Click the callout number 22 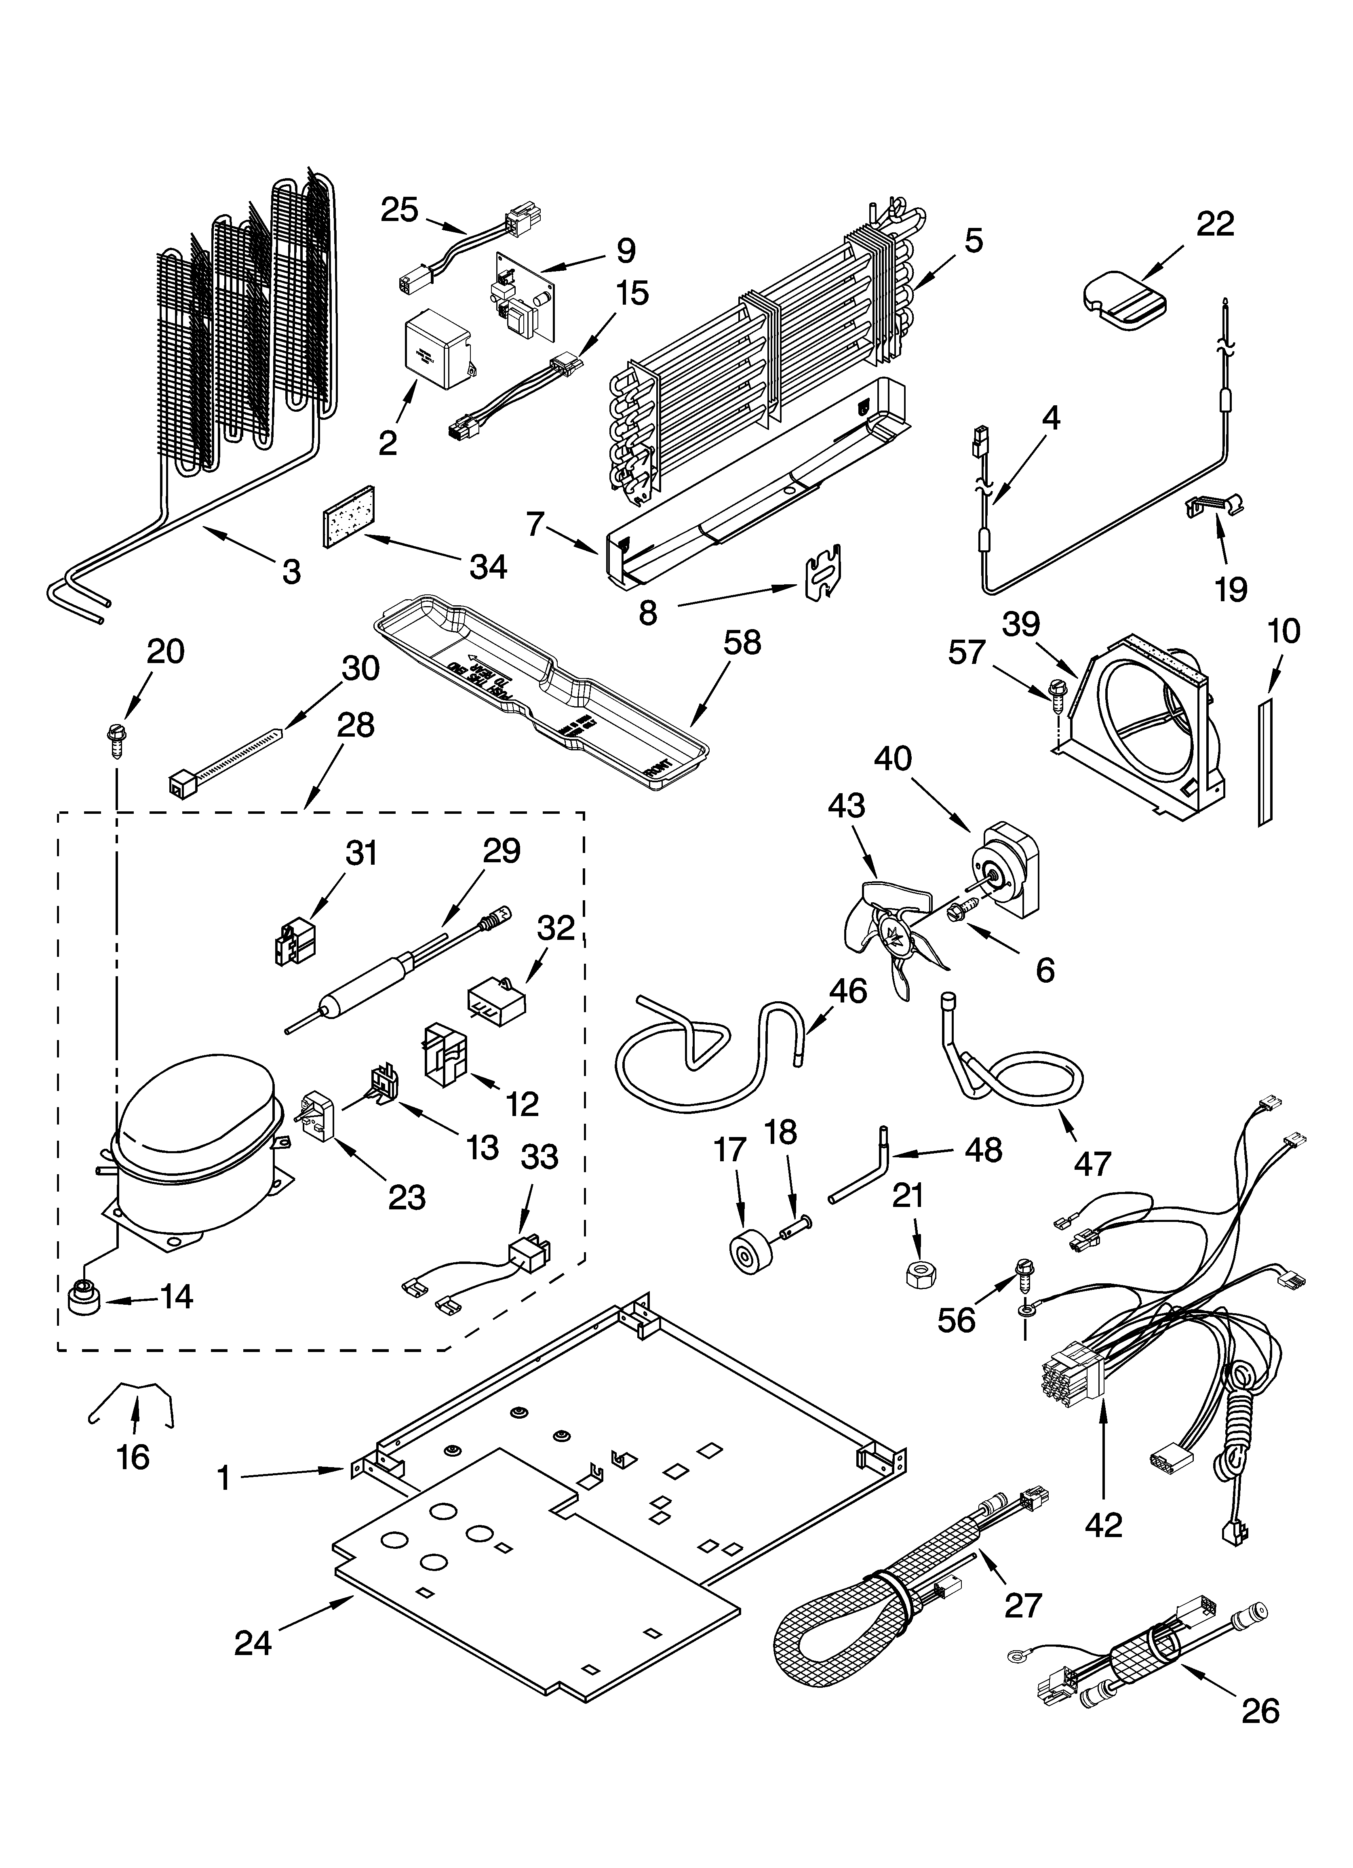(1215, 224)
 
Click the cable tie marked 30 (223, 758)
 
